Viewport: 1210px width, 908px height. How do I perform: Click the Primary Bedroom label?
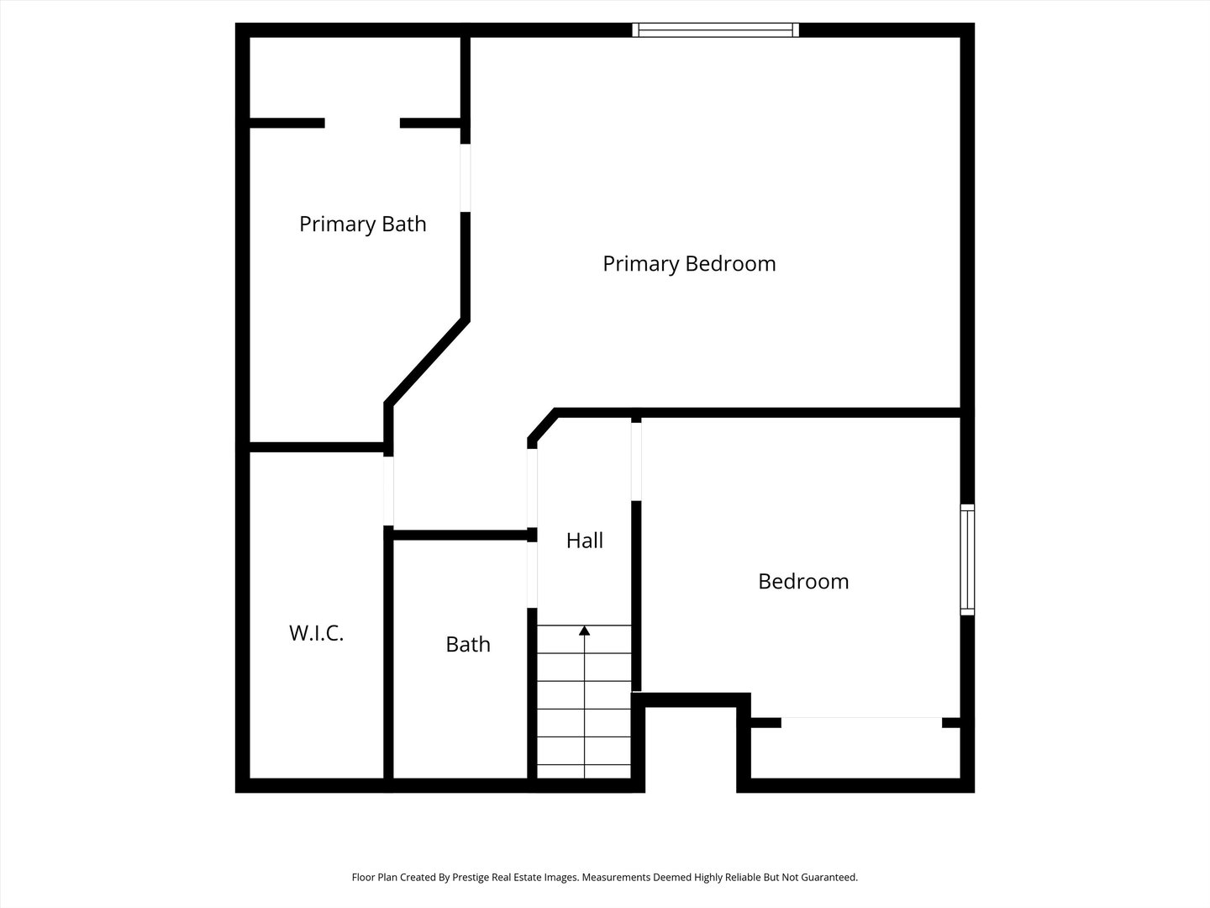pyautogui.click(x=689, y=264)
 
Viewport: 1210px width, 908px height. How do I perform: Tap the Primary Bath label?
pyautogui.click(x=363, y=224)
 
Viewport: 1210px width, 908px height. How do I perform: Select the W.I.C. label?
pyautogui.click(x=317, y=633)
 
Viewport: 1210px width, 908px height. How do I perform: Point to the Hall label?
pyautogui.click(x=584, y=541)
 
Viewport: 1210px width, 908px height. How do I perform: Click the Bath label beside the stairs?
pyautogui.click(x=468, y=644)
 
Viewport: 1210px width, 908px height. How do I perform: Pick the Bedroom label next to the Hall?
pyautogui.click(x=803, y=581)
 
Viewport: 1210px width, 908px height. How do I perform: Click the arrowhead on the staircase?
pyautogui.click(x=584, y=631)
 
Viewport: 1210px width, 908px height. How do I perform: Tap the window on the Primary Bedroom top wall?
pyautogui.click(x=716, y=29)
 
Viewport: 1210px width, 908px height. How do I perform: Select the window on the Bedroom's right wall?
pyautogui.click(x=967, y=560)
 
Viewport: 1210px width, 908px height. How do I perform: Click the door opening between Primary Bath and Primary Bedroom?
pyautogui.click(x=466, y=177)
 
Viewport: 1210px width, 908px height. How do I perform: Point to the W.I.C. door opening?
pyautogui.click(x=388, y=491)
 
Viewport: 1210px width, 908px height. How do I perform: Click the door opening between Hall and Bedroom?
pyautogui.click(x=636, y=462)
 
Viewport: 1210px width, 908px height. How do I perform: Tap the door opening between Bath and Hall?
pyautogui.click(x=532, y=575)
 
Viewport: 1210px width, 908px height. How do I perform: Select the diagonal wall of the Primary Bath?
pyautogui.click(x=427, y=362)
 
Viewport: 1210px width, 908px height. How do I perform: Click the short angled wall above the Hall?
pyautogui.click(x=542, y=427)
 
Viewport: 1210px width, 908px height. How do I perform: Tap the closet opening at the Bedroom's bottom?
pyautogui.click(x=861, y=722)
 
